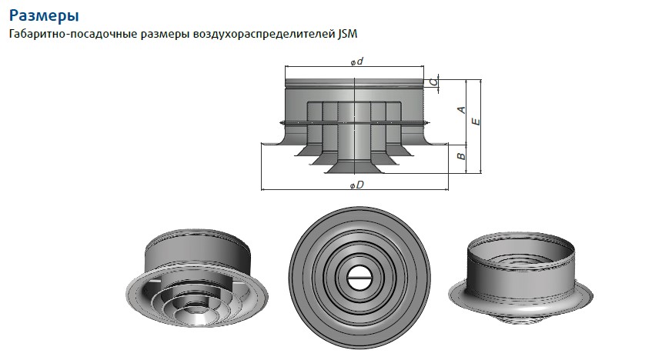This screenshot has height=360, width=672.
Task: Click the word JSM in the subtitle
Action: (x=348, y=35)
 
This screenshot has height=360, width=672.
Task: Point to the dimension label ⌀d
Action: (x=356, y=62)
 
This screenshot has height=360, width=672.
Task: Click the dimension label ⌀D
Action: (x=356, y=186)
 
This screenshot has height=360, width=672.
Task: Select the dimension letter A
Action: (x=460, y=110)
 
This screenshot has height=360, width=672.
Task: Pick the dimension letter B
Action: (x=460, y=157)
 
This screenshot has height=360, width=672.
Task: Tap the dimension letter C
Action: (x=435, y=82)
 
